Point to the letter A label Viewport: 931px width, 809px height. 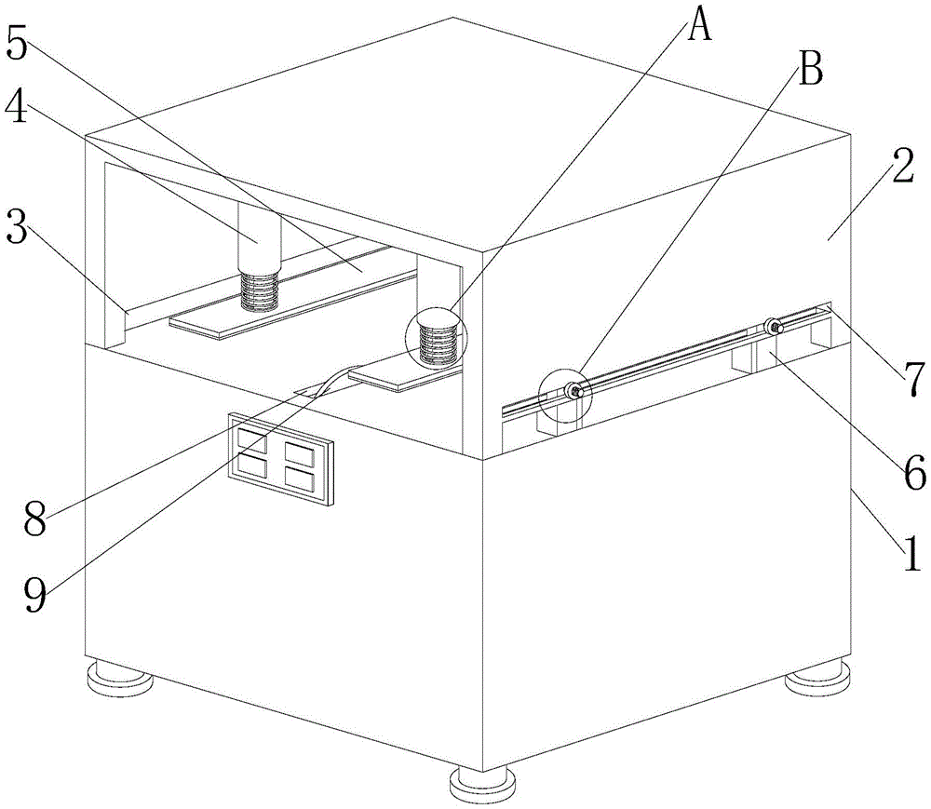click(699, 25)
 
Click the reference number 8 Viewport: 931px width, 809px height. click(34, 518)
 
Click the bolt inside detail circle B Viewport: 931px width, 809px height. click(574, 392)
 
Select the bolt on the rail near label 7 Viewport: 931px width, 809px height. click(773, 327)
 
